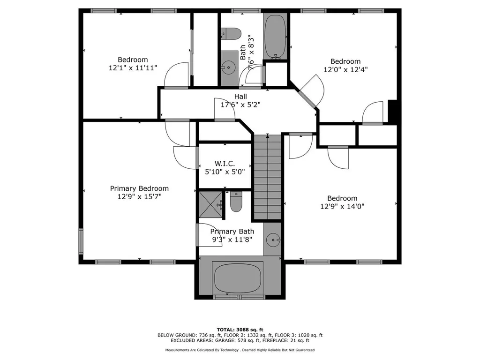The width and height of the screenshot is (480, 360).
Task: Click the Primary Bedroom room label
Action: [x=139, y=188]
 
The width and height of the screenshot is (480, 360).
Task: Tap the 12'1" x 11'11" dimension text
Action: [x=133, y=67]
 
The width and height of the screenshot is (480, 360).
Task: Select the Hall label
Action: [x=240, y=97]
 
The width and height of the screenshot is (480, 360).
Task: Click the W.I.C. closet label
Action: [x=225, y=164]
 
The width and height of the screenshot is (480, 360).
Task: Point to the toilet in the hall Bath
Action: [x=231, y=34]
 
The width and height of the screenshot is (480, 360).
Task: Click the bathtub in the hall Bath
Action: [x=276, y=37]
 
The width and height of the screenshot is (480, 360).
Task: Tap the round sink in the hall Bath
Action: [x=228, y=67]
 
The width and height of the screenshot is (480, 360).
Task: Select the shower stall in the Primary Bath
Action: [x=210, y=204]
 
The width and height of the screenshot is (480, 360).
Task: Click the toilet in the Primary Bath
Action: [x=236, y=202]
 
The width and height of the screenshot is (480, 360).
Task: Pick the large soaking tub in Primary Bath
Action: [x=239, y=278]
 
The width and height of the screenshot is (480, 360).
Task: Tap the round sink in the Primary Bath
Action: [x=272, y=240]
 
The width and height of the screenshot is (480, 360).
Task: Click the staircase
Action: [x=268, y=177]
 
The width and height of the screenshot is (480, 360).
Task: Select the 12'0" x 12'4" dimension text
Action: [x=345, y=69]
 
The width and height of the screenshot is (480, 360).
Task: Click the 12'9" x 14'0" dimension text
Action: [x=342, y=206]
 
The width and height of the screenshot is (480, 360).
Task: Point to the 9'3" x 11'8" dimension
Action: [x=232, y=240]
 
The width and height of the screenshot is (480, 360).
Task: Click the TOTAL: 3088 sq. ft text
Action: [x=240, y=330]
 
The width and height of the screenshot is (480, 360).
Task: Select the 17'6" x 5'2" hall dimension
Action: [x=240, y=105]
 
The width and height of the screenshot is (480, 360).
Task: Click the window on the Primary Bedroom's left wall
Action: [x=81, y=241]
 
